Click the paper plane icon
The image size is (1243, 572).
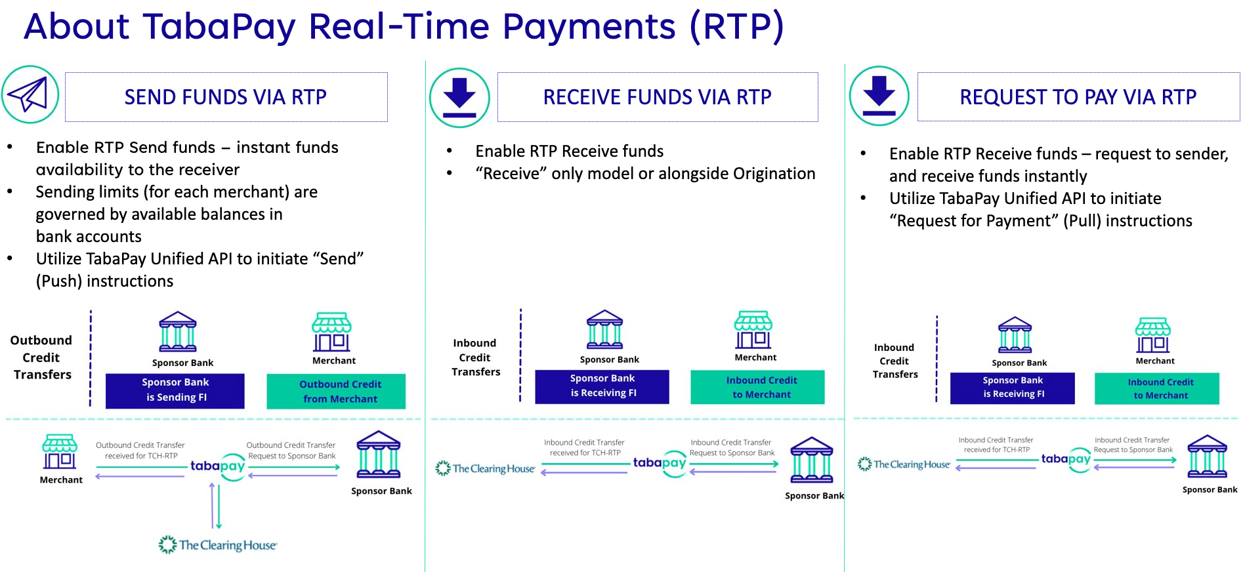[x=30, y=94]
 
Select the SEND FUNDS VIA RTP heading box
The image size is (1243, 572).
[x=226, y=97]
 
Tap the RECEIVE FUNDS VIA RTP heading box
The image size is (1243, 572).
[x=657, y=97]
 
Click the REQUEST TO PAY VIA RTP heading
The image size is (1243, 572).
[x=1078, y=97]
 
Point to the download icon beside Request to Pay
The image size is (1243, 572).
[x=879, y=96]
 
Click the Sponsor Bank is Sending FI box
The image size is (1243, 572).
[x=175, y=390]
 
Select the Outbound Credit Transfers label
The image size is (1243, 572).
[x=41, y=357]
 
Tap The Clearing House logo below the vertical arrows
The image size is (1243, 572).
[x=218, y=545]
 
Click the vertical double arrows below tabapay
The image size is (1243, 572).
[x=215, y=505]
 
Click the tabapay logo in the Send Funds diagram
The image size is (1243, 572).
[x=218, y=466]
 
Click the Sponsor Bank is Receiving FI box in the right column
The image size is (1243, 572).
[x=1012, y=388]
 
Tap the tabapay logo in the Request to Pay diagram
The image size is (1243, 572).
[x=1066, y=460]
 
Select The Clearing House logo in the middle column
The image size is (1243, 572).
[x=486, y=468]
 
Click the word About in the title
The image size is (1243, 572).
[x=77, y=27]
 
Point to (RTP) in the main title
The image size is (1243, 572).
[x=736, y=27]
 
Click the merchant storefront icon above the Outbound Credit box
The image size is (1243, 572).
[x=332, y=332]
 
